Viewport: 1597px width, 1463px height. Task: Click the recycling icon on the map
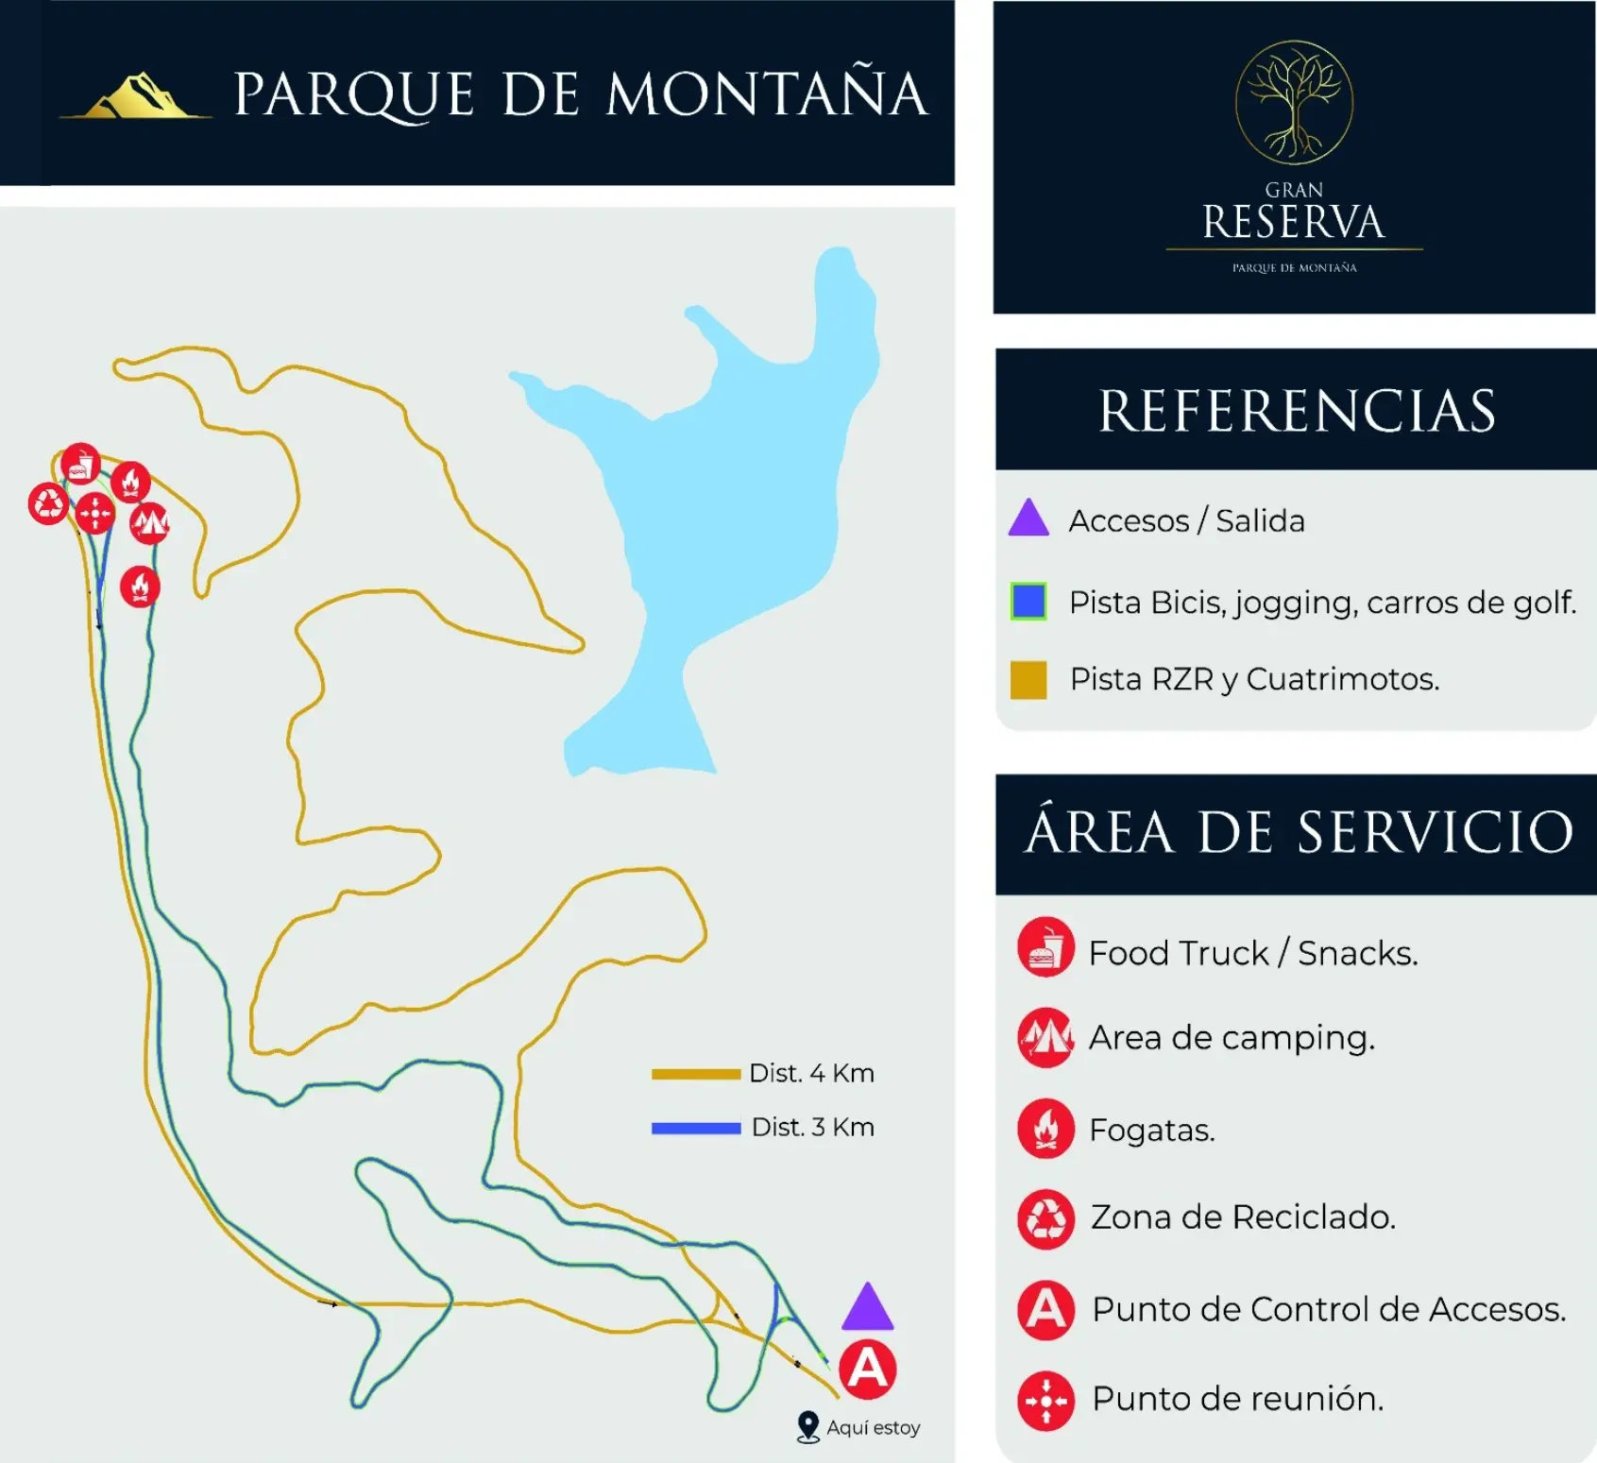(x=48, y=503)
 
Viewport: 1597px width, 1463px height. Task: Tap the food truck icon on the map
(x=81, y=465)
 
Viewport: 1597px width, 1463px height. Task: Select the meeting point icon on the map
(x=94, y=513)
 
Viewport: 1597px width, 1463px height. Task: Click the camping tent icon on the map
(x=149, y=522)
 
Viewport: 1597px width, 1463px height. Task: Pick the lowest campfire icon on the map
(x=140, y=587)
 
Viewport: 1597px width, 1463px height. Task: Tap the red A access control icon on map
(x=868, y=1369)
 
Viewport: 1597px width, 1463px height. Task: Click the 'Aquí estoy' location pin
(x=807, y=1426)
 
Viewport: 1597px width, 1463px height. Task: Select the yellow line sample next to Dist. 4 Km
(x=696, y=1074)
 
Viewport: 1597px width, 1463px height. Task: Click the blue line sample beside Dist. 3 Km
(x=696, y=1128)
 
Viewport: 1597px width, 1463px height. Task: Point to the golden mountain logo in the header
(x=138, y=96)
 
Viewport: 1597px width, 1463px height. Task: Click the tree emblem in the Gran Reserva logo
(x=1294, y=102)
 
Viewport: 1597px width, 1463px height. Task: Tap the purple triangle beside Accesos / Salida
(x=1028, y=519)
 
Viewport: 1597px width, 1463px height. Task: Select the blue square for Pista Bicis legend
(x=1028, y=602)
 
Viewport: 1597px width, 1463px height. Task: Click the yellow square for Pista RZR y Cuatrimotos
(x=1028, y=679)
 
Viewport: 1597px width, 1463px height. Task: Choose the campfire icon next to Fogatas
(x=1045, y=1128)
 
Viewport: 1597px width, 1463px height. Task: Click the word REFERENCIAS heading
(x=1297, y=412)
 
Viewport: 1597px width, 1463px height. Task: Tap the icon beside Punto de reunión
(x=1045, y=1400)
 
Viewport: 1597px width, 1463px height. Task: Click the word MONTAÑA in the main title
(x=766, y=94)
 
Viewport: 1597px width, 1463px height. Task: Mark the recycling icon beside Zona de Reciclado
(x=1045, y=1218)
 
